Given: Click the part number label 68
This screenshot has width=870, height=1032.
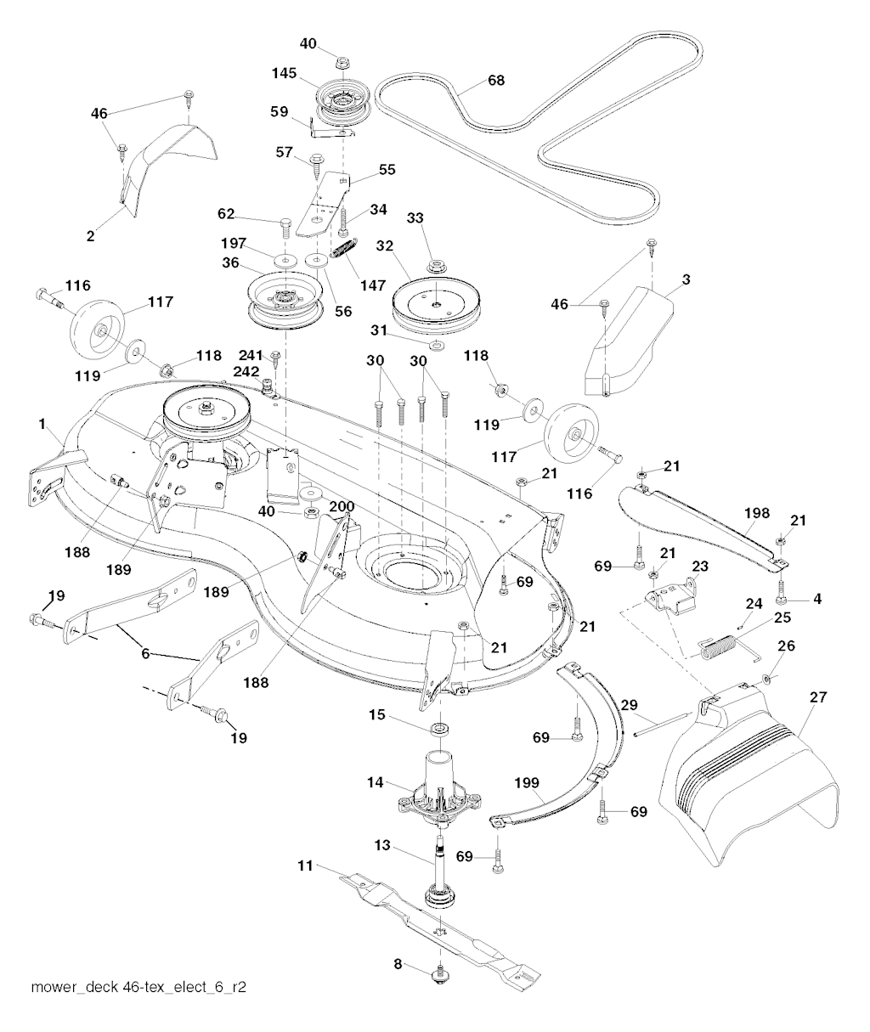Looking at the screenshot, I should coord(496,81).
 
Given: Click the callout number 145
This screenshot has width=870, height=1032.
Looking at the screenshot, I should coord(284,74).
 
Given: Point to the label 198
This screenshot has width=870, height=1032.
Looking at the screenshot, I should coord(756,513).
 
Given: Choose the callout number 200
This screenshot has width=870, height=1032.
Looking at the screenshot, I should coord(342,505).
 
